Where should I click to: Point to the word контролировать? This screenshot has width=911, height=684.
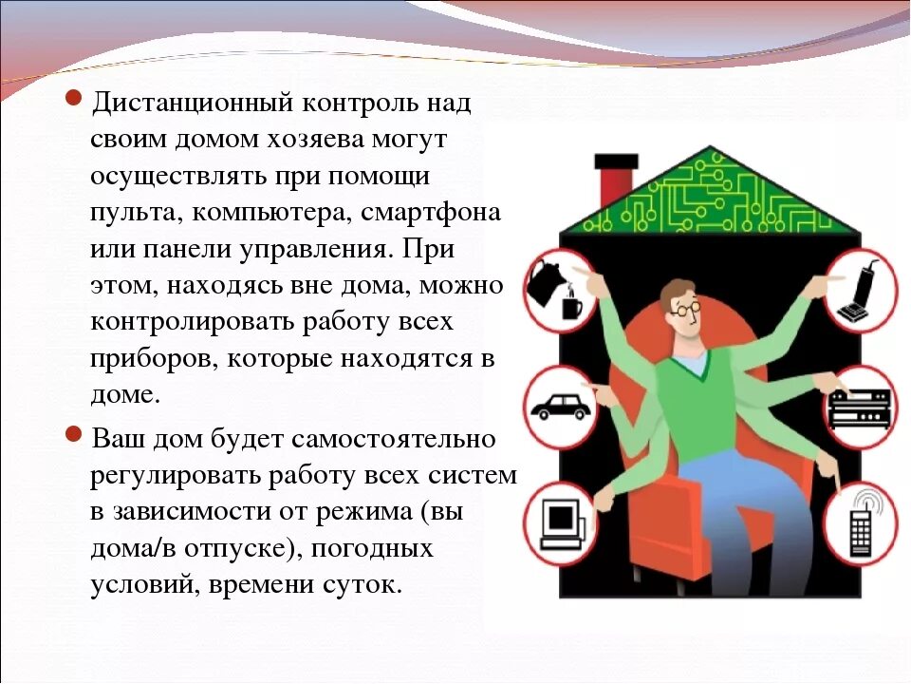192,321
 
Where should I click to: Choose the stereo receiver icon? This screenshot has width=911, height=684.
860,407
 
